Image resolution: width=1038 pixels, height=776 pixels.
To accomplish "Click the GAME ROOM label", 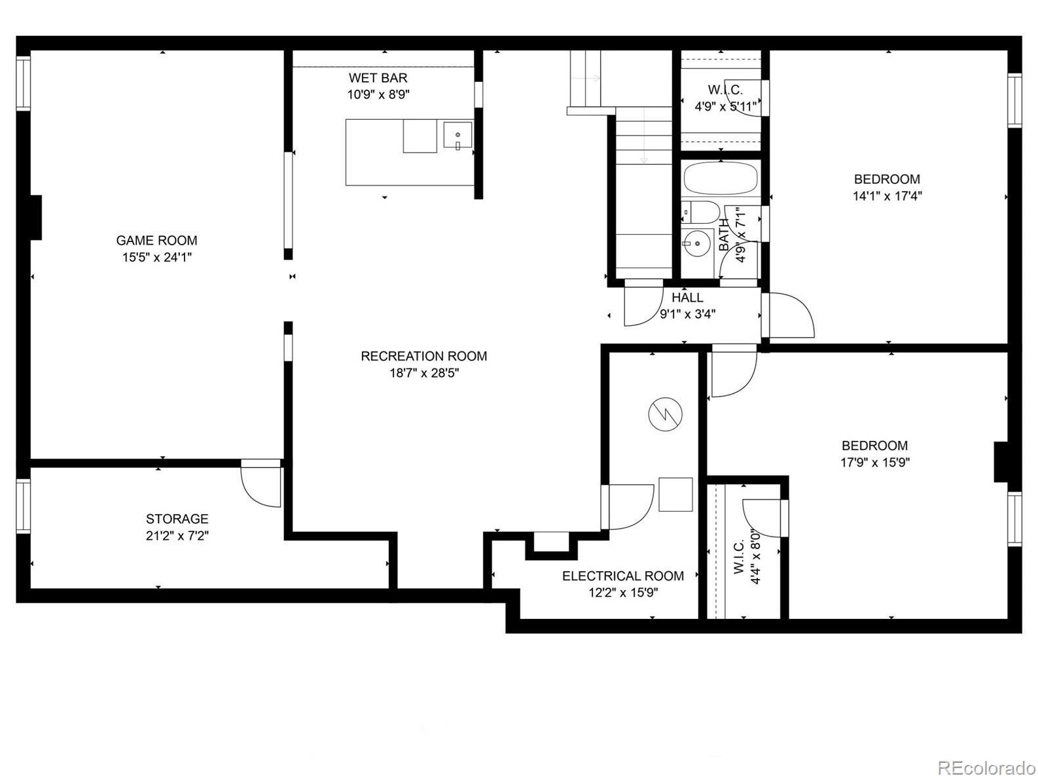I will (156, 241).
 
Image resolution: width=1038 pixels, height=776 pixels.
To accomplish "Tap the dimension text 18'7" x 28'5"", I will (424, 374).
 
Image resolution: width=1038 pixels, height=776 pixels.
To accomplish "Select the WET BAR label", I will (378, 78).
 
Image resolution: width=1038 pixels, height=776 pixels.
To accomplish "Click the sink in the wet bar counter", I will (457, 135).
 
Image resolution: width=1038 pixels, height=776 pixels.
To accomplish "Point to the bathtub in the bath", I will (721, 179).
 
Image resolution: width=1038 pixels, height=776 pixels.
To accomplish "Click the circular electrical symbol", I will (665, 414).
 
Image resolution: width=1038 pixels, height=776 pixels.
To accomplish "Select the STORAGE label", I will (177, 519).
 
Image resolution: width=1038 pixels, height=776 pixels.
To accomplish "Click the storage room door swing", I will (260, 484).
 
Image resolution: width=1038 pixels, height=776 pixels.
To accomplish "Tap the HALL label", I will (687, 298).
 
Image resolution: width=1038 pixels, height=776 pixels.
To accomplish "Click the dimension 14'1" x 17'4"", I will (887, 196).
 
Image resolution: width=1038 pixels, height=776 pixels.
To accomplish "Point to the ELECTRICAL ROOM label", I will (623, 576).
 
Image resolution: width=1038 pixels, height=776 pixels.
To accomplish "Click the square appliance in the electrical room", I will (675, 495).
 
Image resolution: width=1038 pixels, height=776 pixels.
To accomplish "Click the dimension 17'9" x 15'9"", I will (874, 463).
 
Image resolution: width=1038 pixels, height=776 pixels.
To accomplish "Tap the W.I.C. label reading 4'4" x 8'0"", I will (746, 556).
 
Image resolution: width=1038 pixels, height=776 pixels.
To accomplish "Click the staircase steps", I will (643, 141).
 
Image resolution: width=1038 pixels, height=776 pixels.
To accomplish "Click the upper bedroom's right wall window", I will (1014, 101).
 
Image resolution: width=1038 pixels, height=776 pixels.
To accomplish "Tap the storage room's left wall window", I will (23, 506).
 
